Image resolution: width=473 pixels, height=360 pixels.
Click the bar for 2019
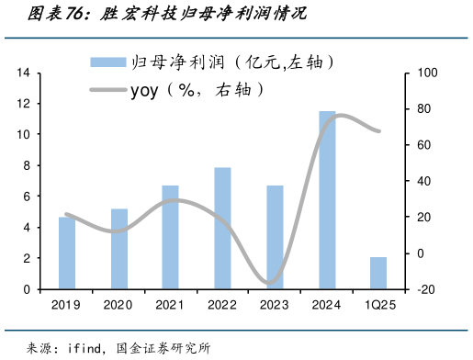click(x=66, y=253)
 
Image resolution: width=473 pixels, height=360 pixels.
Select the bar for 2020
click(x=118, y=249)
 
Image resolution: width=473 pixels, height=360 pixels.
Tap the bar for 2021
click(x=170, y=237)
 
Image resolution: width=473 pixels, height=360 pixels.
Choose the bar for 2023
click(x=275, y=237)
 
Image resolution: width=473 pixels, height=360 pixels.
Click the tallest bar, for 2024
click(x=327, y=200)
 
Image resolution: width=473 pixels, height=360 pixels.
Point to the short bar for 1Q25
click(x=378, y=273)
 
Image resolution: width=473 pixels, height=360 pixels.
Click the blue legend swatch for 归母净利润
click(x=108, y=62)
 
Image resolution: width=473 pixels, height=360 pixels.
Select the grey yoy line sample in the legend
click(x=108, y=89)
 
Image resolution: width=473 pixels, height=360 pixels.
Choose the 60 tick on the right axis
click(x=423, y=145)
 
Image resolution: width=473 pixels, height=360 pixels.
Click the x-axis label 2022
click(x=222, y=305)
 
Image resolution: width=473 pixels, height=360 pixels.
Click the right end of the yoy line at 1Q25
click(x=378, y=130)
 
